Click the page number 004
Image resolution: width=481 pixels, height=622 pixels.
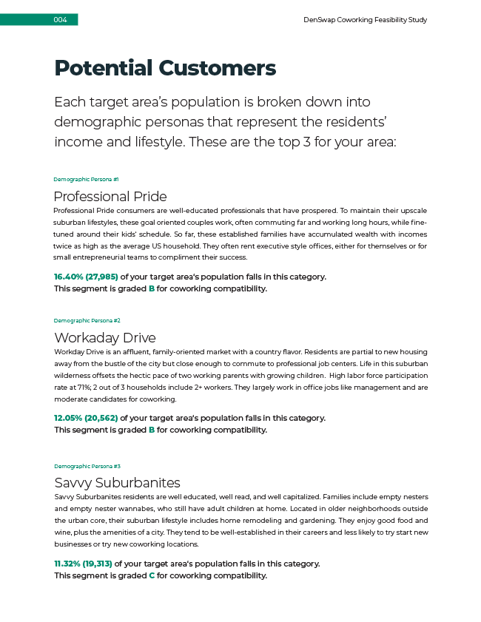click(60, 20)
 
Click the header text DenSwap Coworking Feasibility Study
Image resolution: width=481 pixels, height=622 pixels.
click(366, 20)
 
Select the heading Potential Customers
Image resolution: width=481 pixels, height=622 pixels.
click(165, 68)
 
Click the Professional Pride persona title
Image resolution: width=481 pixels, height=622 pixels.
click(110, 197)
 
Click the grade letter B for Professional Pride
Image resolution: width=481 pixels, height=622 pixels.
click(152, 289)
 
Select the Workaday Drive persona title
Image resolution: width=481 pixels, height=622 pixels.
click(104, 338)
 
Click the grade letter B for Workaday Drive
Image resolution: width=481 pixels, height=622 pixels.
click(152, 430)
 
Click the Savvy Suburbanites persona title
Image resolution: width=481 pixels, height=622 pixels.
click(117, 483)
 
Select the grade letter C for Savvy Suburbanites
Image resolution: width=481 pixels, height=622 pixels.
click(152, 575)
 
